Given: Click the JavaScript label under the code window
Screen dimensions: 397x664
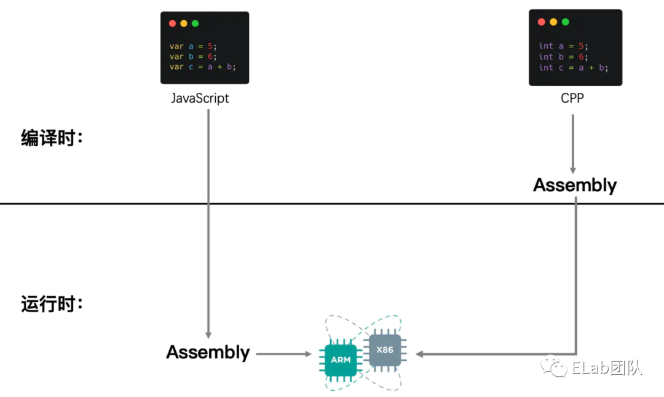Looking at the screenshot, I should [x=200, y=98].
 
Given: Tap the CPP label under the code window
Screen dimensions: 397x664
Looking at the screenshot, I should [x=573, y=98].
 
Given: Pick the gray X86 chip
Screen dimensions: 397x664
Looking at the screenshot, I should [x=385, y=350].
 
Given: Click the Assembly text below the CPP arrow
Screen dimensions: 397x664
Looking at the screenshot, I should [x=574, y=185].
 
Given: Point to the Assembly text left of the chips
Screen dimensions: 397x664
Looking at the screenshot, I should [x=208, y=352].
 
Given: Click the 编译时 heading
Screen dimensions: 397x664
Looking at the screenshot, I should [x=52, y=138].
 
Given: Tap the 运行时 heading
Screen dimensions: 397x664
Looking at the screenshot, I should [x=52, y=304].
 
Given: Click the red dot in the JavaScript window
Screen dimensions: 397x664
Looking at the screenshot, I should [x=172, y=23].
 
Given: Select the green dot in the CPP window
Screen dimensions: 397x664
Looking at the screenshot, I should [x=566, y=22].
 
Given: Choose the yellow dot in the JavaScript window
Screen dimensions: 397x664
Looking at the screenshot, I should [x=184, y=23].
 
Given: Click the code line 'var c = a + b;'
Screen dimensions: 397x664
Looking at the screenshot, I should [x=203, y=67].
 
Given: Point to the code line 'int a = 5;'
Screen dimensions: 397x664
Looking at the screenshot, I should [x=563, y=45].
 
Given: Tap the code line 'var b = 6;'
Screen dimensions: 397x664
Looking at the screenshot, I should [x=193, y=57].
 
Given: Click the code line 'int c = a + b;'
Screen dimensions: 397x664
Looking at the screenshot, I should [x=574, y=68].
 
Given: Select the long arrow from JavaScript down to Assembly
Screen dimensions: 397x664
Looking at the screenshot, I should [x=208, y=221].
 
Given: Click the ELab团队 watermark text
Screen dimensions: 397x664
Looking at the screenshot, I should [x=606, y=368].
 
